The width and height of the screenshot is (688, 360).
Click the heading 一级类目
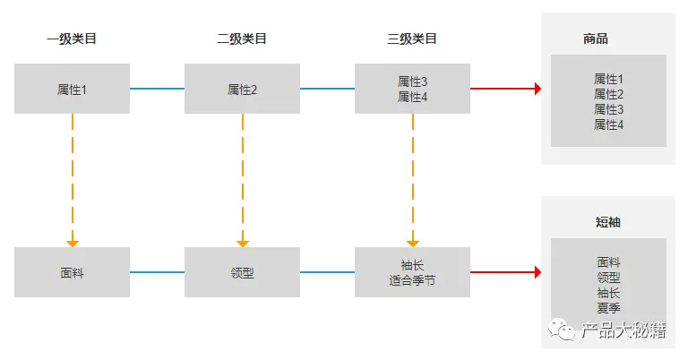point(72,39)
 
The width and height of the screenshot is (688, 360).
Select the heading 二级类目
point(242,39)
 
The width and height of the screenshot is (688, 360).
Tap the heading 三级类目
point(412,39)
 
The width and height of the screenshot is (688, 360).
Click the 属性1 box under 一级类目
point(72,89)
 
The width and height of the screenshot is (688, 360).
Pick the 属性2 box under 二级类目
point(242,89)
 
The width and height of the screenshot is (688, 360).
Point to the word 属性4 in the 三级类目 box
point(412,96)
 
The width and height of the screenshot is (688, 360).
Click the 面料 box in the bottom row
point(72,272)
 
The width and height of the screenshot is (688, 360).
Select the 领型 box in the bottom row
point(242,272)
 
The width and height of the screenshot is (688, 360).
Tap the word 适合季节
point(412,280)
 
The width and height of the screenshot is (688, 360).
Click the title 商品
point(596,39)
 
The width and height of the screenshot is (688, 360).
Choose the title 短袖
point(608,222)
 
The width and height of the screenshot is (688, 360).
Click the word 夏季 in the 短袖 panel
point(608,307)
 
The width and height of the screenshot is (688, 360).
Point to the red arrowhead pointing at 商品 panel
point(537,89)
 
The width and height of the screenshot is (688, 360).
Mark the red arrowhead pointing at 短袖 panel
point(537,272)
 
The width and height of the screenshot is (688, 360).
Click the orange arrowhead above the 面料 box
point(73,243)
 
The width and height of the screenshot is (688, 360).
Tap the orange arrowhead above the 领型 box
point(242,243)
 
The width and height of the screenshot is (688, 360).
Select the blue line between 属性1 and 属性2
point(157,89)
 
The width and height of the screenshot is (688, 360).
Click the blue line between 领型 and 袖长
point(327,272)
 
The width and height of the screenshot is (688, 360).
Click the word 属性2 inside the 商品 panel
point(608,94)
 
